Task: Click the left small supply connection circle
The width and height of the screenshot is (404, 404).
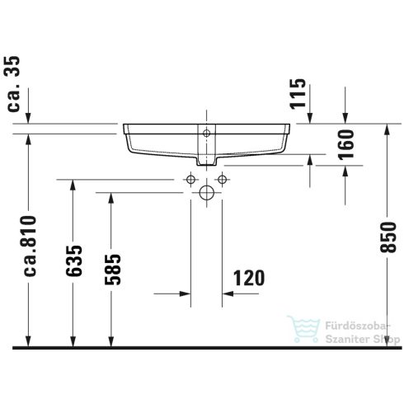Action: pos(191,180)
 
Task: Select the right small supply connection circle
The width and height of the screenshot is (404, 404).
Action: pos(221,180)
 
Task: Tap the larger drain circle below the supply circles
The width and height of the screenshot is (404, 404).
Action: pos(206,194)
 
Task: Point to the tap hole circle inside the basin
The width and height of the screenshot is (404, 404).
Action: pos(206,131)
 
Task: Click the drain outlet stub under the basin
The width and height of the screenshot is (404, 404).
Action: pos(206,157)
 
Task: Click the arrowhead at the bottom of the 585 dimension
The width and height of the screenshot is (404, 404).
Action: pos(110,341)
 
